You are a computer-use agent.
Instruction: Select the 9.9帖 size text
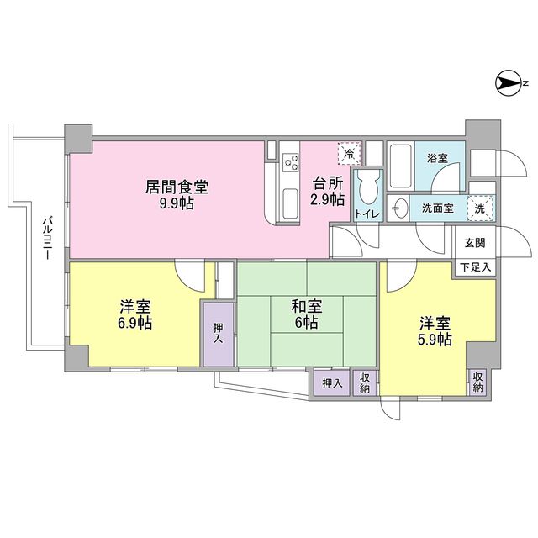pos(176,203)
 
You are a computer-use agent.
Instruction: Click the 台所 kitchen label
pos(328,184)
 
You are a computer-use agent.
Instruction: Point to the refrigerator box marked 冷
pos(348,153)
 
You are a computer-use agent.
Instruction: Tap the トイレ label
pos(367,214)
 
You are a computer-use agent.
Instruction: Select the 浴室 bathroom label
pos(439,158)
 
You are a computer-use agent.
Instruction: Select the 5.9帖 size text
pos(435,340)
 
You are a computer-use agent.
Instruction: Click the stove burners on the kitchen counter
pos(291,160)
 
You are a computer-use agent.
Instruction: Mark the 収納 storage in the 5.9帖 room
pos(477,382)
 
